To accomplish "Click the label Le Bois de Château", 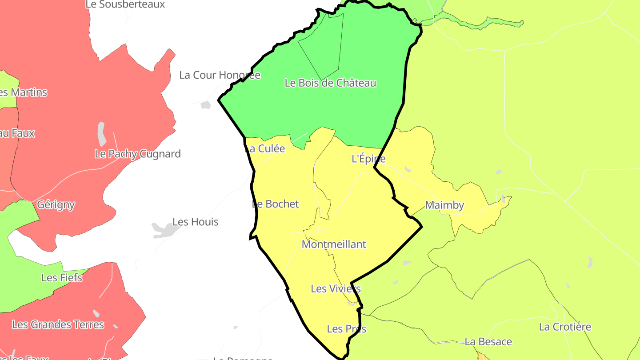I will click(x=330, y=83).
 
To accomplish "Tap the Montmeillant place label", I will click(x=334, y=244).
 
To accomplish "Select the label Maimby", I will click(x=444, y=205).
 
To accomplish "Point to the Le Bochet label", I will click(x=276, y=204).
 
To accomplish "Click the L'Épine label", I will click(x=368, y=159).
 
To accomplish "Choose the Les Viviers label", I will click(x=336, y=289).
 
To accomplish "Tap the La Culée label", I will click(x=265, y=149).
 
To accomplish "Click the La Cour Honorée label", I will click(x=220, y=75).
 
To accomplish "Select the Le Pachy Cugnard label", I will click(x=138, y=154).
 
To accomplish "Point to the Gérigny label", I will click(x=56, y=205).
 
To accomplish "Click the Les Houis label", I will click(x=196, y=222).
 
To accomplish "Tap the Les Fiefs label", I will click(x=62, y=278).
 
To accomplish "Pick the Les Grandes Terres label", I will click(x=58, y=325).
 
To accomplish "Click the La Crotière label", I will click(x=565, y=327).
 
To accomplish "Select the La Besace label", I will click(x=488, y=342).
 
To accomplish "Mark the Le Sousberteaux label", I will click(x=125, y=4).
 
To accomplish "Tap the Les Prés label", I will click(x=347, y=329).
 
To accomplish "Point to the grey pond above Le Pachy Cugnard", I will click(x=102, y=134).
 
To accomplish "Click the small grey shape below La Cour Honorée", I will click(x=205, y=105).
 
